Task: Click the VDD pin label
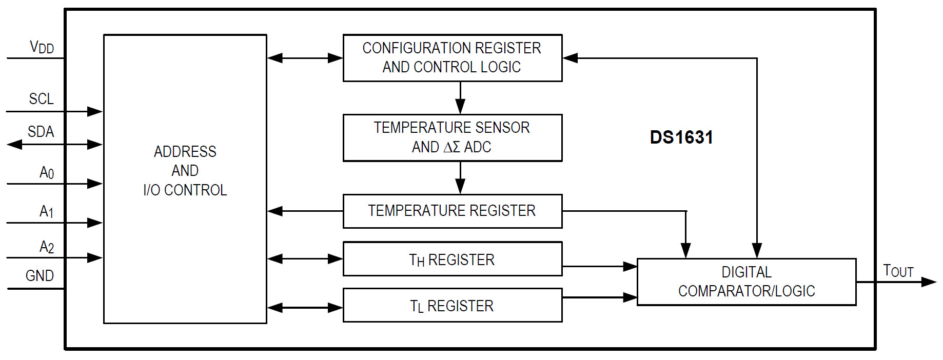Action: pos(42,47)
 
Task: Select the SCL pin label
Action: pos(41,98)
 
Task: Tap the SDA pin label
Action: pos(41,132)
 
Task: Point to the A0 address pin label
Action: pos(46,172)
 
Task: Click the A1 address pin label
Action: pos(46,211)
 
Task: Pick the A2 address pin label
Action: pos(46,247)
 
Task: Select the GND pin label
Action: pos(40,276)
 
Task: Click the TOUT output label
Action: pos(898,271)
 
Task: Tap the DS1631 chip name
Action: pos(681,137)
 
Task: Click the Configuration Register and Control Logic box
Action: pos(452,57)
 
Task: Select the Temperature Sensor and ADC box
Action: pos(452,137)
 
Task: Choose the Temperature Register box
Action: pos(452,211)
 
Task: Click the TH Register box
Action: pos(452,259)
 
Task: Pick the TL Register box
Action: pos(452,306)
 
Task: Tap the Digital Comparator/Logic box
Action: pos(746,282)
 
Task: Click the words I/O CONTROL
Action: pos(185,190)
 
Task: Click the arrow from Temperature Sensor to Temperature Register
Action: pos(460,177)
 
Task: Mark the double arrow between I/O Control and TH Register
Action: pos(305,259)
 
